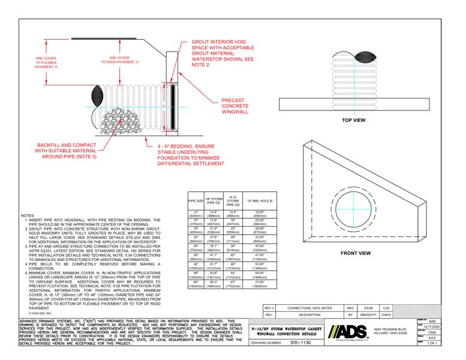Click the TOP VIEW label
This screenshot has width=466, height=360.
point(353,120)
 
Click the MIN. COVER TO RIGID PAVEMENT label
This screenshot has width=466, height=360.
point(125,59)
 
